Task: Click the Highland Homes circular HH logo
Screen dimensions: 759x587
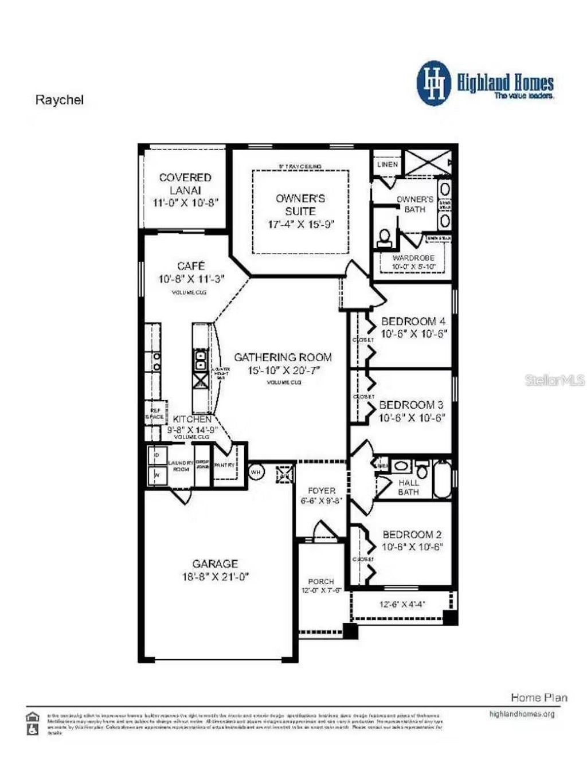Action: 435,84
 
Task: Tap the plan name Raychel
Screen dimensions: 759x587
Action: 60,100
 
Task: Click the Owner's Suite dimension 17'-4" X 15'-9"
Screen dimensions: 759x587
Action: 300,224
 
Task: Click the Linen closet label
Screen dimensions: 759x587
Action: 388,164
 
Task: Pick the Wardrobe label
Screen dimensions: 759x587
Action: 413,258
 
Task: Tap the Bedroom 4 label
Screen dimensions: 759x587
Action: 413,321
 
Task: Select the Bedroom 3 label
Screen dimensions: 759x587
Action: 411,405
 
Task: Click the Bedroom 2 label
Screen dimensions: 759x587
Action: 412,534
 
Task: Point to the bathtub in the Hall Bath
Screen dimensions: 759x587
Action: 442,479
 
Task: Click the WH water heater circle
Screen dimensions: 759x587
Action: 256,472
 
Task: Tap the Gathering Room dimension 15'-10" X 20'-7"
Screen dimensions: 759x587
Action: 283,370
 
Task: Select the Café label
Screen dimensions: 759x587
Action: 191,266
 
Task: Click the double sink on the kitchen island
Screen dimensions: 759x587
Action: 201,361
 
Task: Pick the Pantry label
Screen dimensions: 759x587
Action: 224,465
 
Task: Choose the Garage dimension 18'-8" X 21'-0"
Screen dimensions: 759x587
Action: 215,577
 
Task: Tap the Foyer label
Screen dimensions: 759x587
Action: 321,491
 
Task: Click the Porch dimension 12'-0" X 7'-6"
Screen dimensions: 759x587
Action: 321,590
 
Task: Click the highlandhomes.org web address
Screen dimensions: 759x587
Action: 522,714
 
